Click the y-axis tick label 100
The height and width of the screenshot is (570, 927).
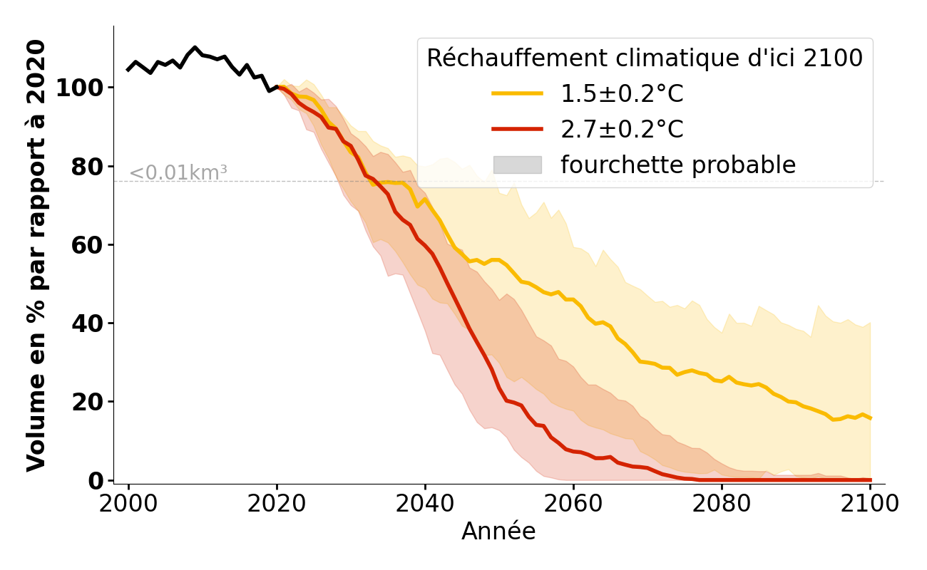[x=80, y=88]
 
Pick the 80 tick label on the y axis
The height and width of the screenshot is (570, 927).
[x=87, y=167]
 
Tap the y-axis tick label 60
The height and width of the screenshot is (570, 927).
[x=87, y=245]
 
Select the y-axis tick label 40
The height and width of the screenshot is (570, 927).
[x=87, y=323]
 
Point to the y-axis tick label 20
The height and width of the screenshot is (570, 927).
[x=87, y=402]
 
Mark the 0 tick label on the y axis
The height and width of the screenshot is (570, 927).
[x=95, y=481]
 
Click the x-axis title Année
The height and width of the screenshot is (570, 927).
[x=498, y=532]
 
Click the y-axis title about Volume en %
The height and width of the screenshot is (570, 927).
[x=36, y=255]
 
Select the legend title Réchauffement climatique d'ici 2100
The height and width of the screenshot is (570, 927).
[x=645, y=58]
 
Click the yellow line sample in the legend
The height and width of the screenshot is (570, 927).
[x=517, y=93]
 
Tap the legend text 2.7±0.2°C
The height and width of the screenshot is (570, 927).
[x=622, y=129]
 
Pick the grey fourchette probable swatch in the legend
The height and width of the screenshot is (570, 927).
[x=517, y=165]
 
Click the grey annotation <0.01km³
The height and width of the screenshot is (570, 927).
[x=178, y=173]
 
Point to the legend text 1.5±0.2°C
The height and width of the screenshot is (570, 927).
[x=622, y=93]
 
